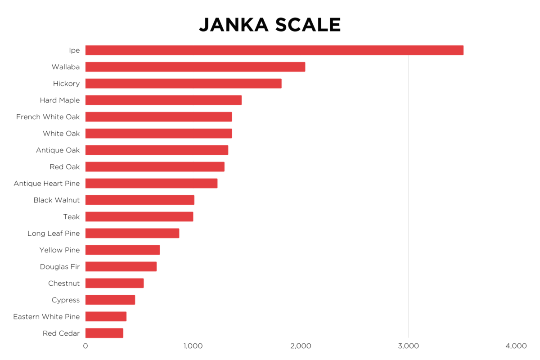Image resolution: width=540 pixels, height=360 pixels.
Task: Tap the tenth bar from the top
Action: [x=140, y=200]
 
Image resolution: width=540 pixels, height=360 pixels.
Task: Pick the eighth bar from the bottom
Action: [x=139, y=216]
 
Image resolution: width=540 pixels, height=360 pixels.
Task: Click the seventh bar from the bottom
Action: [x=132, y=233]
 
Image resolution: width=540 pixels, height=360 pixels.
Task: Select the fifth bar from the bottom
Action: [x=121, y=266]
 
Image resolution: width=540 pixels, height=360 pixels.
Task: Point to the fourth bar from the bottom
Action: [x=115, y=283]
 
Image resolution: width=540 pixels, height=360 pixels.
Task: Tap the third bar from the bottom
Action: [x=110, y=300]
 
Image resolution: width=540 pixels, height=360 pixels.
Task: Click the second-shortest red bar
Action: [x=106, y=316]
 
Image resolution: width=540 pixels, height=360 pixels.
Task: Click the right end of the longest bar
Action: [x=463, y=50]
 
